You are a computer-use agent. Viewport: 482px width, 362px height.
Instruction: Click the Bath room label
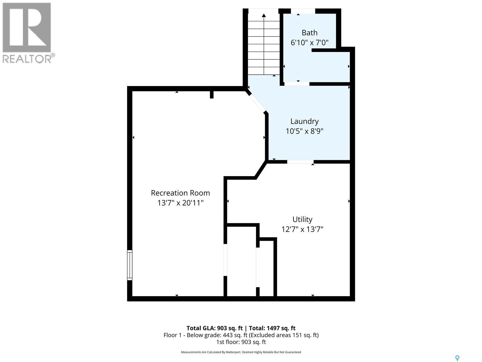[309, 33]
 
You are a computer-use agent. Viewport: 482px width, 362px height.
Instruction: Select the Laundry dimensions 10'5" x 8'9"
[304, 131]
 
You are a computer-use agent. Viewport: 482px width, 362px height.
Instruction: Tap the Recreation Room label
[180, 193]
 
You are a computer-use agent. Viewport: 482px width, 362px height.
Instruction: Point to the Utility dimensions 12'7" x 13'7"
[302, 229]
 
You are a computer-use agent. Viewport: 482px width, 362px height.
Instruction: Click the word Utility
[302, 219]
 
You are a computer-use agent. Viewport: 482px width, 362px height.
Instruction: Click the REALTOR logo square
[27, 27]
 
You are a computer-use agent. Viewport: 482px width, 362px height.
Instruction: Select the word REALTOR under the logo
[27, 59]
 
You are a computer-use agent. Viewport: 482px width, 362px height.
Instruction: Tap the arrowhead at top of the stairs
[264, 15]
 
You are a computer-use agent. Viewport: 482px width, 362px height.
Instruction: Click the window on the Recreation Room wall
[130, 265]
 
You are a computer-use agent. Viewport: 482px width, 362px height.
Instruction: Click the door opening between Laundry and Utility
[300, 162]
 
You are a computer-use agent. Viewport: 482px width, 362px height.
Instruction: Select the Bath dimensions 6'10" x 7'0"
[309, 43]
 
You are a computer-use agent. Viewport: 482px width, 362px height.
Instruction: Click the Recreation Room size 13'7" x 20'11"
[180, 203]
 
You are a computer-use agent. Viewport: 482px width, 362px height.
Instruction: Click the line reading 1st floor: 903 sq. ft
[241, 342]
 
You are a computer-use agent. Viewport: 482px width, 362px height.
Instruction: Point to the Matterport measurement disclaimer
[241, 352]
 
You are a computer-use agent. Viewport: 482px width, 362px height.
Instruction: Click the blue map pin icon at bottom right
[457, 358]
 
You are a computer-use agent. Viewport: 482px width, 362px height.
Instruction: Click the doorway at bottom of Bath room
[297, 84]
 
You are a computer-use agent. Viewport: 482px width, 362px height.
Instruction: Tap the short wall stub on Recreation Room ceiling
[211, 94]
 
